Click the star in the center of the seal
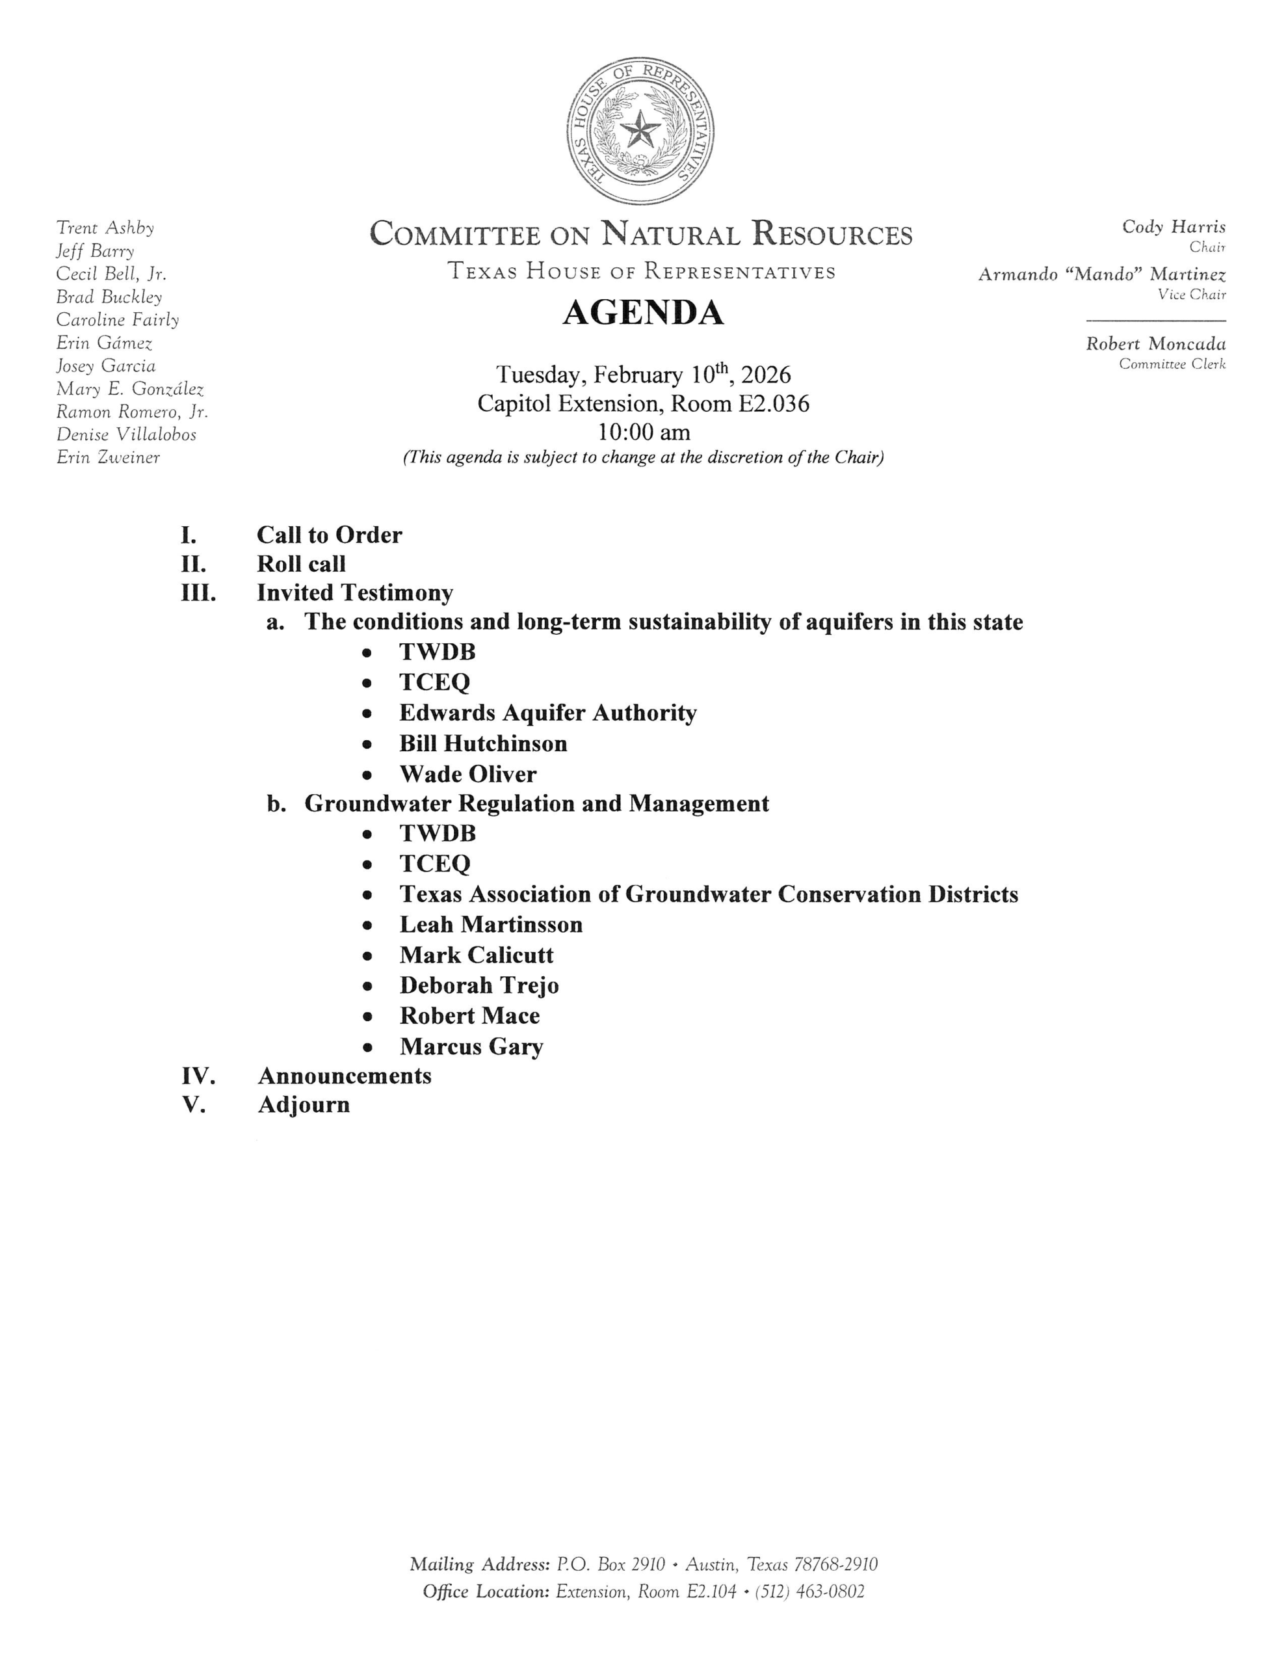coord(640,130)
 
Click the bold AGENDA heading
coord(642,313)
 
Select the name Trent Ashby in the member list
coord(105,228)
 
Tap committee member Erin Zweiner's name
coord(108,457)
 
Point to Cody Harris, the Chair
coord(1173,226)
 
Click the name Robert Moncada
coord(1156,344)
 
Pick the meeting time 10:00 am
coord(644,433)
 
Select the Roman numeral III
coord(198,593)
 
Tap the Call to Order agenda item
coord(330,535)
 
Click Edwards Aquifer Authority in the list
coord(547,713)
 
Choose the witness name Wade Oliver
coord(467,775)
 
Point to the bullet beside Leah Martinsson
coord(367,926)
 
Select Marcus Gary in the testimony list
coord(471,1046)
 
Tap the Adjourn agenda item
coord(304,1104)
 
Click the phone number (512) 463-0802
coord(809,1591)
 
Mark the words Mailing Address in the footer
coord(479,1564)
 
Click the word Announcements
coord(345,1076)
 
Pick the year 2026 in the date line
coord(765,375)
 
